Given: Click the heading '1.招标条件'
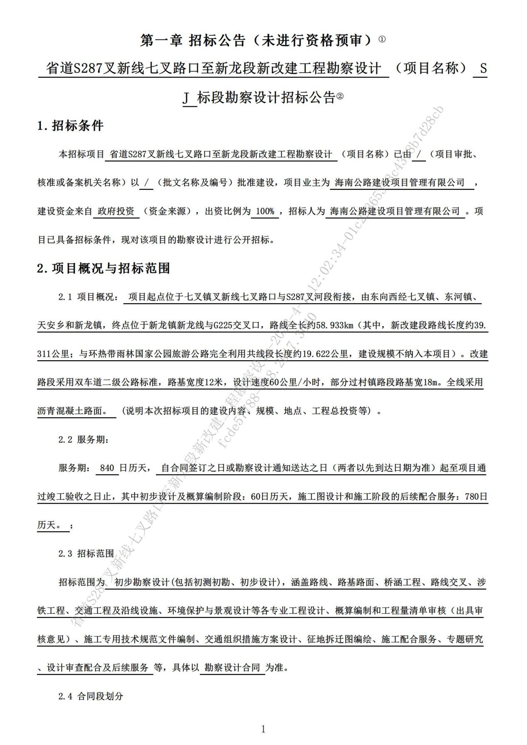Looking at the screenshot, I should click(x=70, y=125).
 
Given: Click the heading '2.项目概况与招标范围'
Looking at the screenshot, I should click(x=104, y=268).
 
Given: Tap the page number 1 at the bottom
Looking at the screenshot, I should click(x=263, y=729).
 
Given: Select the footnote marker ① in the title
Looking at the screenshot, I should click(x=382, y=39).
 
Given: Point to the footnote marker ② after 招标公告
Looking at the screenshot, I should click(x=340, y=96).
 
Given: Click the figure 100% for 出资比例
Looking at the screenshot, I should click(x=265, y=211).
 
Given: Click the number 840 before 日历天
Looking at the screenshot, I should click(x=107, y=468).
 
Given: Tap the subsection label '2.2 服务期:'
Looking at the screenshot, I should click(x=83, y=440).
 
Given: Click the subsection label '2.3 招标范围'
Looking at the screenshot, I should click(x=86, y=553).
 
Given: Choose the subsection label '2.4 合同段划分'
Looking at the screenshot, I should click(x=91, y=696).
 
